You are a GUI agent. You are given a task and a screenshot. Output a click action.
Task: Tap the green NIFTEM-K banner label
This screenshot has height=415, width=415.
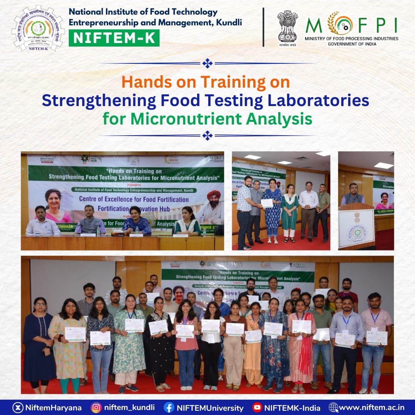pyautogui.click(x=114, y=38)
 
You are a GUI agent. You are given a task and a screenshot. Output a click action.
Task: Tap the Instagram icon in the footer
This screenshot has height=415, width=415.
pyautogui.click(x=96, y=407)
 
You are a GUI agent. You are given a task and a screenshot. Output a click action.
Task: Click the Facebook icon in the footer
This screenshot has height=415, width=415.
pyautogui.click(x=169, y=407)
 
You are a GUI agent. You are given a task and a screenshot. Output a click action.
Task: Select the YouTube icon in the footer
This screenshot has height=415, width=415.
pyautogui.click(x=257, y=407)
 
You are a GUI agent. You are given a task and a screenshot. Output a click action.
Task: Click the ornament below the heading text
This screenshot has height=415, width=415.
pyautogui.click(x=207, y=135)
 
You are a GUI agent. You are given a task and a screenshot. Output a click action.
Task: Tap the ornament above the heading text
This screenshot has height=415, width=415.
pyautogui.click(x=207, y=63)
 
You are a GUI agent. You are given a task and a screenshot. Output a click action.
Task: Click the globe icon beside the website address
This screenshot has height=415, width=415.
pyautogui.click(x=333, y=407)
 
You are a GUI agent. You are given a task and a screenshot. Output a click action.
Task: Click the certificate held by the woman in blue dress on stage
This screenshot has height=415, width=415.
pyautogui.click(x=267, y=203)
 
